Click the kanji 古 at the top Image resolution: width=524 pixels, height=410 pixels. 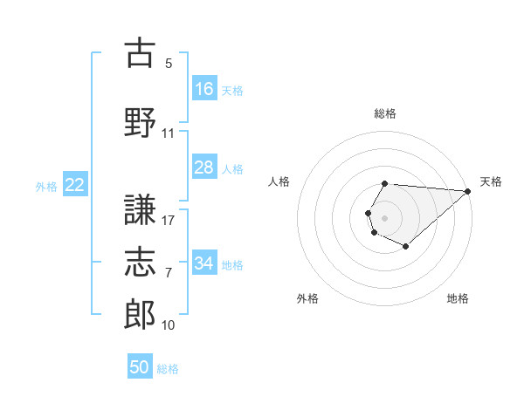point(140,52)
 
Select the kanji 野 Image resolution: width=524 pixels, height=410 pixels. point(140,122)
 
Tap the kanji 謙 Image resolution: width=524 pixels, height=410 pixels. point(140,209)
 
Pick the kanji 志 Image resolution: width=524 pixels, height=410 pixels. point(140,262)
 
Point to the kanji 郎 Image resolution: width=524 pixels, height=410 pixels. point(140,314)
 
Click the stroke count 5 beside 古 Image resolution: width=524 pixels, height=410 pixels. point(169,64)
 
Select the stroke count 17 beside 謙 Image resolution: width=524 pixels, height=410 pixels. point(168,221)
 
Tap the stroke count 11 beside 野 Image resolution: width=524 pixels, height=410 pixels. point(168,133)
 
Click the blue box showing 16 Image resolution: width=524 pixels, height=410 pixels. point(204,88)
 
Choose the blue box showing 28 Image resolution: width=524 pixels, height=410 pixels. point(204,167)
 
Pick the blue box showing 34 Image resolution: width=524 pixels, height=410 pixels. point(204,262)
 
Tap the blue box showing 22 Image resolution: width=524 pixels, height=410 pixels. point(75,184)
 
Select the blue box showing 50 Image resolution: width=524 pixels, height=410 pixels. point(140,366)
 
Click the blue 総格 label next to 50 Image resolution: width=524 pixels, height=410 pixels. point(168,369)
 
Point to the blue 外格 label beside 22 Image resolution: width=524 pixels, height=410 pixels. point(46,187)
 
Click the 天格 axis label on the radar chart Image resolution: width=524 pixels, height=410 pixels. point(491,181)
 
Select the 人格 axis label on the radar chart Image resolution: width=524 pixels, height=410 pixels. point(279,181)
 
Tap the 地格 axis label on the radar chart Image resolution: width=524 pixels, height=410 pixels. point(458,298)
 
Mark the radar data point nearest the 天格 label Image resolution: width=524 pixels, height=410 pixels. point(468,191)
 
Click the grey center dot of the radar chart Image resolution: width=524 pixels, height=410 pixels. point(384,218)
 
